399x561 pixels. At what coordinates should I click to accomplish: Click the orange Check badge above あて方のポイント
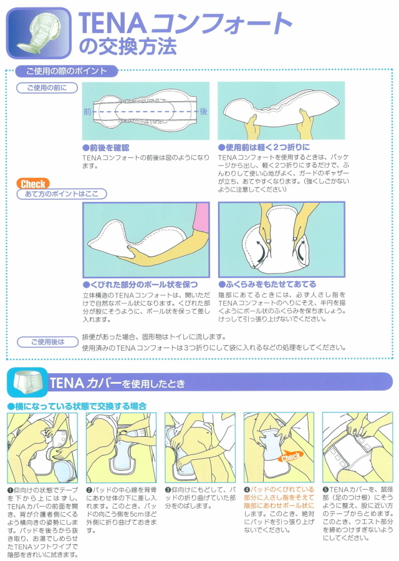point(33,184)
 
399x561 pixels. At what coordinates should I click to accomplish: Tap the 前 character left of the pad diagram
point(87,112)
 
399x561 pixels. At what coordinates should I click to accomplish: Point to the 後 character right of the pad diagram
point(203,112)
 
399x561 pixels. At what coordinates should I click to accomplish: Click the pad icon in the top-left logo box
point(39,33)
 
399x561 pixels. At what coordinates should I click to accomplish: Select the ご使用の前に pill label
point(47,87)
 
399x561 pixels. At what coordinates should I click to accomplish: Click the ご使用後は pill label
point(47,342)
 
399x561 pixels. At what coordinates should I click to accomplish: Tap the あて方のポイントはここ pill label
point(62,194)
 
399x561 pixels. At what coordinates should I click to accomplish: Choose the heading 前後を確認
point(106,148)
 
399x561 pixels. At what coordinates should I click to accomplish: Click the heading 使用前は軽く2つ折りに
point(264,147)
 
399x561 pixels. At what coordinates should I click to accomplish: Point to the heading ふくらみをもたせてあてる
point(267,285)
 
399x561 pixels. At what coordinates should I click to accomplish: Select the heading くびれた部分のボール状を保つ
point(140,285)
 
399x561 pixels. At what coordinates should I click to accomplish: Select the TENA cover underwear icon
point(27,383)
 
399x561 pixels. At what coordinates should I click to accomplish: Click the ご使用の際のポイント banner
point(67,71)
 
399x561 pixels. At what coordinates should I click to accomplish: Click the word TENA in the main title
point(112,24)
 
